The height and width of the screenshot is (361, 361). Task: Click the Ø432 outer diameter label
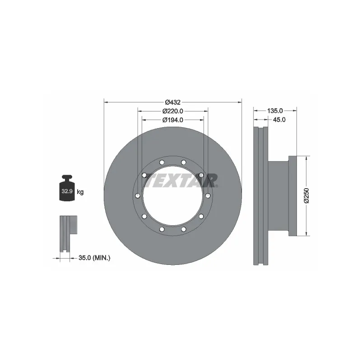(x=173, y=102)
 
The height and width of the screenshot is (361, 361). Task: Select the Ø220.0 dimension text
(x=173, y=111)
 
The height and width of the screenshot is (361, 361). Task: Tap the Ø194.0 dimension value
(x=173, y=120)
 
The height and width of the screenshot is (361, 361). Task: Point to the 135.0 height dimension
(x=275, y=111)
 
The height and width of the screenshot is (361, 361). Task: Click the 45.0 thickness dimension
(x=280, y=120)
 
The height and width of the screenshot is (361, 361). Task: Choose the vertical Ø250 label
(x=306, y=195)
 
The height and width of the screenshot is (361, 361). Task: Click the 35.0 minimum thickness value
(x=85, y=258)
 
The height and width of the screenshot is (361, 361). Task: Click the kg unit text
(x=81, y=192)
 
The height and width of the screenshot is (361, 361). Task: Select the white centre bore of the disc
(x=173, y=199)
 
